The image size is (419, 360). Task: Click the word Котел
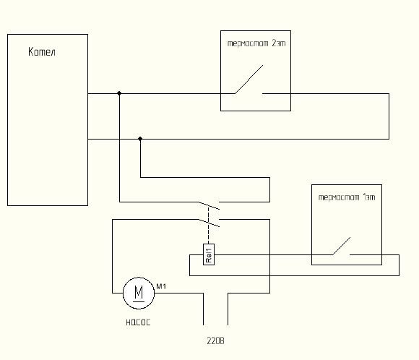tap(42, 51)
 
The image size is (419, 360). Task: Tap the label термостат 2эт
tap(256, 43)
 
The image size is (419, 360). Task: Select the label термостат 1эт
tap(347, 197)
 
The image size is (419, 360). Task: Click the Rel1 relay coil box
tap(209, 254)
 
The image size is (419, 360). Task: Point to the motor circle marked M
tap(139, 278)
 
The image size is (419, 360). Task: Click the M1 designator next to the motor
tap(161, 286)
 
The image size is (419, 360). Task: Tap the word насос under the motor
tap(138, 322)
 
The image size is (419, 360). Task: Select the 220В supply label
tap(216, 340)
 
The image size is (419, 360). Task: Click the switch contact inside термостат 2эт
tap(249, 80)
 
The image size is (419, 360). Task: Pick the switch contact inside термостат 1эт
tap(342, 246)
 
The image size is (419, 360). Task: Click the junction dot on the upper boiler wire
tap(119, 93)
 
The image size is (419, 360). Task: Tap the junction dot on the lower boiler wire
tap(140, 139)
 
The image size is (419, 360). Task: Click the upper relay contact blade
tap(209, 205)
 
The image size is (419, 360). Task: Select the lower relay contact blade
tap(209, 223)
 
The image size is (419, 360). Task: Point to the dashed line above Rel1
tap(209, 226)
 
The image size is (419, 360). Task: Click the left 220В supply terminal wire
tap(203, 309)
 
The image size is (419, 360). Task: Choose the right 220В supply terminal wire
tap(228, 309)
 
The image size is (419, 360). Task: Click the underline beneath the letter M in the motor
tap(139, 301)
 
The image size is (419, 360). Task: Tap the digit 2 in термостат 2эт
tap(274, 43)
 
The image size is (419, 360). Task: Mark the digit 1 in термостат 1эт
tap(365, 197)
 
